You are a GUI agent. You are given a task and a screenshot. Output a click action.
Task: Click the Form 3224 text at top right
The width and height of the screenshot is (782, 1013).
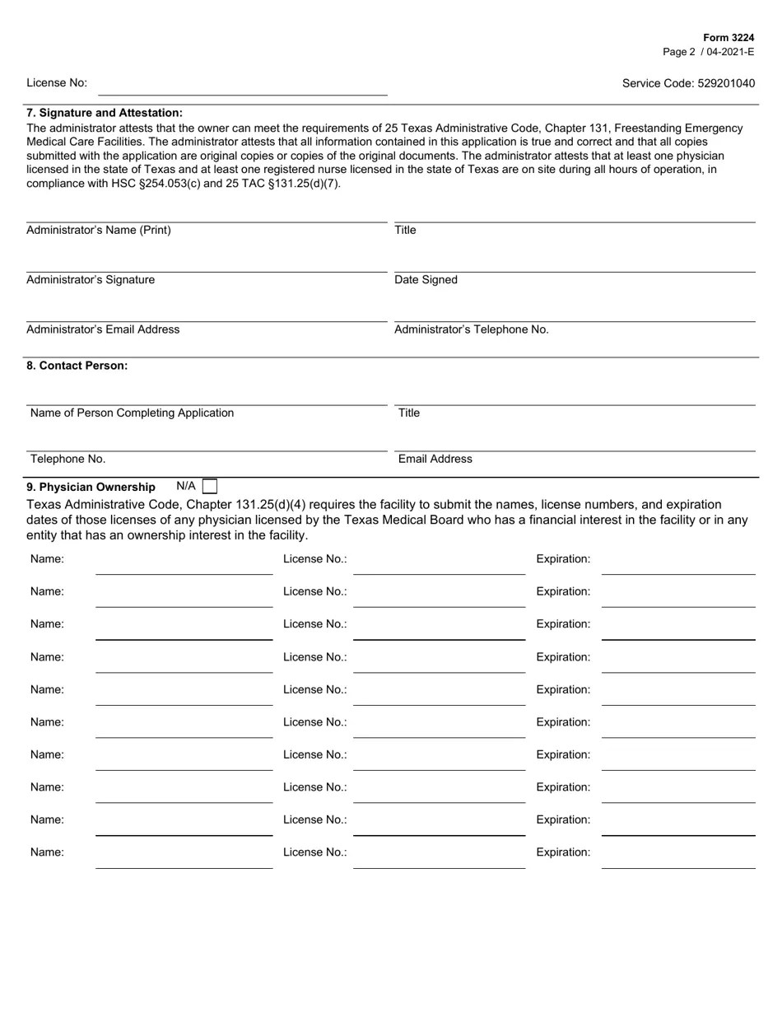pos(728,38)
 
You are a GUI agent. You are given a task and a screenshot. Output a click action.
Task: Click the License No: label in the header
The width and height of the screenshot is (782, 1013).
pos(57,83)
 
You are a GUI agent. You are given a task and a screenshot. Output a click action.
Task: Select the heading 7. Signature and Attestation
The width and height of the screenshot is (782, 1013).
pos(105,113)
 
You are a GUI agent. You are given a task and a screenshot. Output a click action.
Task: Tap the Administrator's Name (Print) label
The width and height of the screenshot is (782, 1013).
pos(99,230)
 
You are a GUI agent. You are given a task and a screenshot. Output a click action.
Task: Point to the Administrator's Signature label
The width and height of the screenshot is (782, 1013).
pos(91,280)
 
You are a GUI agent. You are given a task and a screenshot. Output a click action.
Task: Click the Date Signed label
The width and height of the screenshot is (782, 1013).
pos(426,280)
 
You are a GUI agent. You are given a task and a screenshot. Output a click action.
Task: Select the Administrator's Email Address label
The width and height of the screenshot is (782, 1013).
pos(103,329)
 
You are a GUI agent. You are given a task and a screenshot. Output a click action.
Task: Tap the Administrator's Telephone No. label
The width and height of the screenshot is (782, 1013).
pos(472,329)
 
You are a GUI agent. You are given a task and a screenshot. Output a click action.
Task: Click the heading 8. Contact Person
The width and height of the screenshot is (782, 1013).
pos(77,366)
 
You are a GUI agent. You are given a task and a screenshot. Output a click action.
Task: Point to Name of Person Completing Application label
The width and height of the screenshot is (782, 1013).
pos(132,413)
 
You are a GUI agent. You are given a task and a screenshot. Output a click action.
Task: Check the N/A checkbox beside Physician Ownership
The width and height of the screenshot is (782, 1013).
pos(210,487)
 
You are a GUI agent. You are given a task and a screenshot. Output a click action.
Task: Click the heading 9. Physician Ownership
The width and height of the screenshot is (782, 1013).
pos(91,487)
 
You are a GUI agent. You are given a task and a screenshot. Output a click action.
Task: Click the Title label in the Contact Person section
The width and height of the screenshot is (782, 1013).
pos(409,413)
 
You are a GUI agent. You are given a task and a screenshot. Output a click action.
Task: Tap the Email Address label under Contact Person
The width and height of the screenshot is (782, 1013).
pos(435,459)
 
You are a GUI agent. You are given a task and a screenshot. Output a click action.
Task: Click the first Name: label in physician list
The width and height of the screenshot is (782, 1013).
pos(47,559)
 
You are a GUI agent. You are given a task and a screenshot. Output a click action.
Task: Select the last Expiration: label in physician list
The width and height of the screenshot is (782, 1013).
pos(563,852)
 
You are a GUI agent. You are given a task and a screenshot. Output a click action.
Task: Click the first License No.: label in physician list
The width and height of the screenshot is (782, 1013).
pos(314,559)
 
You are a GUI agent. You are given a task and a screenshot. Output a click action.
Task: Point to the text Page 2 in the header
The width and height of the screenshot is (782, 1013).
pos(679,52)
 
